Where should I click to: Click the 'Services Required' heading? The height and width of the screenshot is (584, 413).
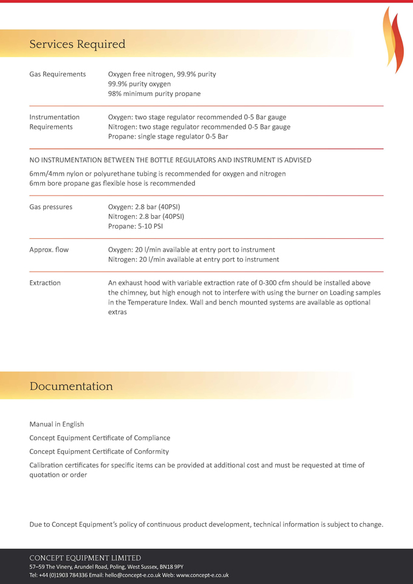pos(77,44)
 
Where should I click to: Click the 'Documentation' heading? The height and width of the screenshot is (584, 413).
pos(71,386)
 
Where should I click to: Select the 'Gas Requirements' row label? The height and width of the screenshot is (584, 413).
pos(58,74)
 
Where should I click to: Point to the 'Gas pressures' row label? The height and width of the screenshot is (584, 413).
pos(51,207)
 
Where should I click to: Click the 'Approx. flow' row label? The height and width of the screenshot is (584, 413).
pos(49,250)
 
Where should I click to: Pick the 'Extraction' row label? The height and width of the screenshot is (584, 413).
pos(45,283)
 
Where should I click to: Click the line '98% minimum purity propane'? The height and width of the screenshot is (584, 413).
pos(154,94)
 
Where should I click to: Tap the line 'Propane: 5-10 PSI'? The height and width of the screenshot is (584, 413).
pos(135,226)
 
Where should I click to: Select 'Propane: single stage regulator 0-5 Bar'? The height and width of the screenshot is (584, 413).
pos(168,137)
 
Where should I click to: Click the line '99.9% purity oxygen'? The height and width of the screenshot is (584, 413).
pos(139,84)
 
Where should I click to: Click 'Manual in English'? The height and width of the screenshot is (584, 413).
pos(56,424)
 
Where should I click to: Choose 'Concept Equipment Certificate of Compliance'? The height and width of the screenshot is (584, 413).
pos(100,438)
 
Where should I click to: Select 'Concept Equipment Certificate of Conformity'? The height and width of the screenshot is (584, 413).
pos(99,452)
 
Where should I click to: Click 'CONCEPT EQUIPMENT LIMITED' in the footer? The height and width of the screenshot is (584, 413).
pos(85,558)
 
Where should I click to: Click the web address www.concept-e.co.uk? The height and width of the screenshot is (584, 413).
pos(202,575)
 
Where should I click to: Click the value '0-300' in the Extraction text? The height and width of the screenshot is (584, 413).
pos(268,283)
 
